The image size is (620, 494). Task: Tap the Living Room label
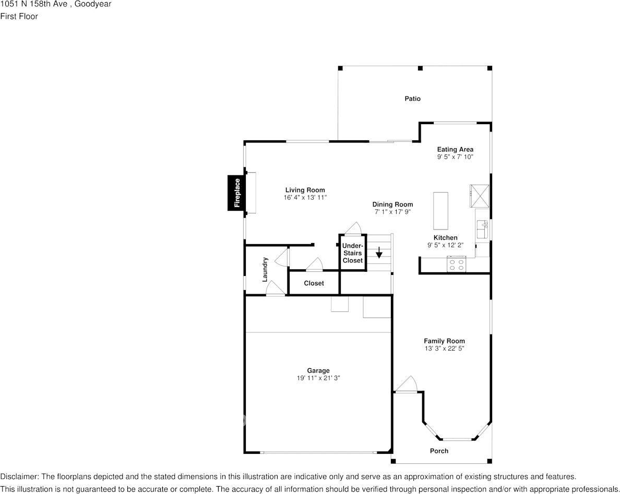(x=305, y=190)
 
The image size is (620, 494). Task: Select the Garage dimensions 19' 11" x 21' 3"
(x=318, y=378)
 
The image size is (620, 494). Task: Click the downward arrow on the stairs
(x=379, y=254)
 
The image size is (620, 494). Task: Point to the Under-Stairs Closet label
(x=353, y=253)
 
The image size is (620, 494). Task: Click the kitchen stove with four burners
(x=456, y=265)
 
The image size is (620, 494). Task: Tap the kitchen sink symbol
(x=482, y=225)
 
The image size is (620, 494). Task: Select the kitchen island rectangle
(x=440, y=211)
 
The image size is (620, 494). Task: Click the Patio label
(x=412, y=99)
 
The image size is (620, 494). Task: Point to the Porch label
(x=439, y=451)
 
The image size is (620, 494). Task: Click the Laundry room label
(x=265, y=269)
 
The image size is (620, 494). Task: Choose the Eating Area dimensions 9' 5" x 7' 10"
(x=455, y=156)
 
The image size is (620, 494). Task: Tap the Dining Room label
(x=392, y=204)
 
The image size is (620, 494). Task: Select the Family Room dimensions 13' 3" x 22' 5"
(x=444, y=348)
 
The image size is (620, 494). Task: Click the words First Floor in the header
(x=19, y=16)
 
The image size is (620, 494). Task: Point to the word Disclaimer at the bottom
(x=19, y=476)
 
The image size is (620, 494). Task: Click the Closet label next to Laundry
(x=314, y=283)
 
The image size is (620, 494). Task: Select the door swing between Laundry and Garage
(x=275, y=290)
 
